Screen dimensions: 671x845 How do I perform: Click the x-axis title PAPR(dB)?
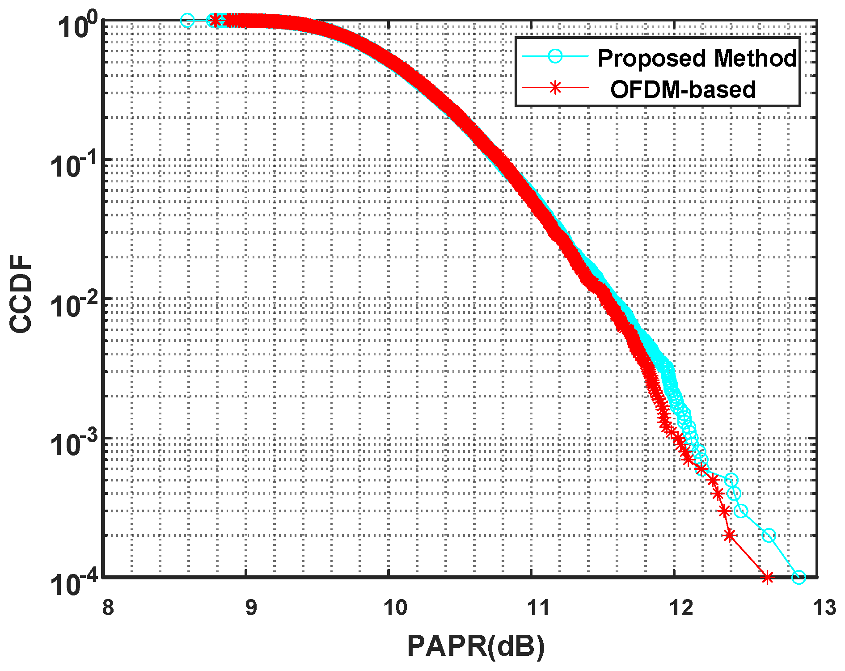tap(476, 646)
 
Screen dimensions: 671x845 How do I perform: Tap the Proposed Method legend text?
tap(697, 58)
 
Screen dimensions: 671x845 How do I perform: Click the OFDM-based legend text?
tap(683, 89)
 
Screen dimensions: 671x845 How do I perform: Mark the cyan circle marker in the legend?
tap(555, 56)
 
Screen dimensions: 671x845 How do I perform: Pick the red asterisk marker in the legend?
tap(555, 88)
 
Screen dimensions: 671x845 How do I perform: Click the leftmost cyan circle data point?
tap(187, 20)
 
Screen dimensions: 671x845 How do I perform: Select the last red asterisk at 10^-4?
tap(768, 578)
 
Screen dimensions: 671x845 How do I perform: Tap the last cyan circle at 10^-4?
tap(799, 578)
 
